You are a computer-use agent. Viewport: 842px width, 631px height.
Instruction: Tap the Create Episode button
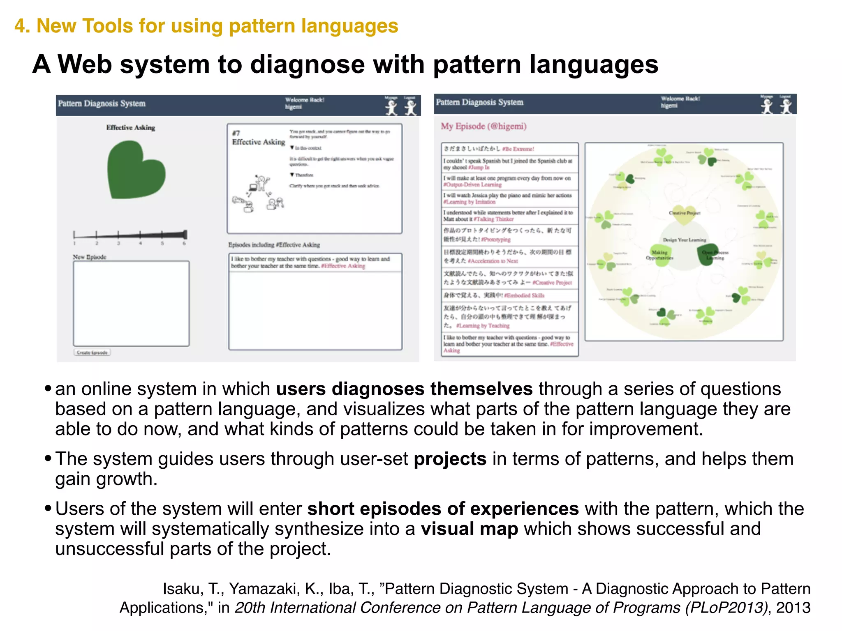click(92, 352)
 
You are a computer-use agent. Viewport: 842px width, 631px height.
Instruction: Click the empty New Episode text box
click(131, 303)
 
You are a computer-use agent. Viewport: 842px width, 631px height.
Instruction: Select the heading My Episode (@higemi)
click(483, 126)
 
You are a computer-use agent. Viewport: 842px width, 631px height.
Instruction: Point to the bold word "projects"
click(450, 459)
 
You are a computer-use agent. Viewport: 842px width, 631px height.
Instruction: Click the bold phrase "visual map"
click(469, 529)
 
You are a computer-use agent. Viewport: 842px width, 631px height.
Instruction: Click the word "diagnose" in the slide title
click(307, 64)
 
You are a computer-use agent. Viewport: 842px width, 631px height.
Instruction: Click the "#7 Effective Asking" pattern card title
click(258, 138)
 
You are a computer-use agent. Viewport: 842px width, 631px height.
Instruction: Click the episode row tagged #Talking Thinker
click(509, 216)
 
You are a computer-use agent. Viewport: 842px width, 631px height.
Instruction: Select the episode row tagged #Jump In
click(509, 164)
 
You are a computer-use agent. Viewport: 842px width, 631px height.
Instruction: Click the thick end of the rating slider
click(185, 235)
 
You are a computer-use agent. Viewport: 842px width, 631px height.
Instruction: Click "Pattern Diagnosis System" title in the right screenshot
click(479, 102)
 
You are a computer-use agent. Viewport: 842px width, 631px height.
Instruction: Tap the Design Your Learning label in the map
click(684, 240)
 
